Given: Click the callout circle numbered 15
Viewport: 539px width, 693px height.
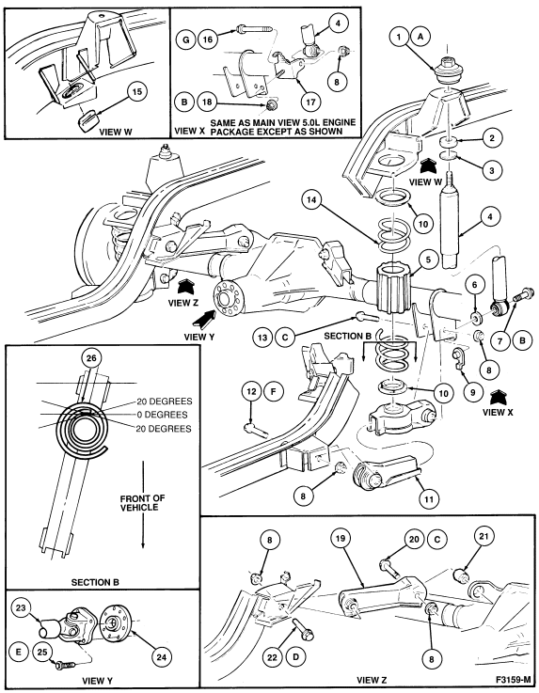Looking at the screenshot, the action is tap(137, 92).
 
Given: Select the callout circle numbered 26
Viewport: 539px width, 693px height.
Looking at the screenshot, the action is tap(91, 358).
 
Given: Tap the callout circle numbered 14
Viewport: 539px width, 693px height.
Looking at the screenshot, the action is tap(311, 200).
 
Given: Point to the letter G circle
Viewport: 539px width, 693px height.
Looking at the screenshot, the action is tap(185, 39).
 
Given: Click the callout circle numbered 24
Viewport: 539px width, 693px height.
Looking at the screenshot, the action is tap(162, 657).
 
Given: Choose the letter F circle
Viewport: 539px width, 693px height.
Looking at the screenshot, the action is tap(273, 391).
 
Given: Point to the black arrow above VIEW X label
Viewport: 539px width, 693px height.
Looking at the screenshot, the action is tap(499, 397).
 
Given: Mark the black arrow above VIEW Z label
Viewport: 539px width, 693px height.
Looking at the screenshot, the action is tap(184, 287).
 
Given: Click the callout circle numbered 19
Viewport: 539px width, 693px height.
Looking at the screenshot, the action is tap(341, 539).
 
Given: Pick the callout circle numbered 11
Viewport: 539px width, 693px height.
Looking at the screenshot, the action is tap(429, 499).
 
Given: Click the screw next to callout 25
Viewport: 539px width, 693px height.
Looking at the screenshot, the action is tap(66, 665).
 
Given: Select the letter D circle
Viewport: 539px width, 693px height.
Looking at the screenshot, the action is tap(295, 656).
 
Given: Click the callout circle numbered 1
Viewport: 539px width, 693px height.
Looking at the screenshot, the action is tap(399, 37).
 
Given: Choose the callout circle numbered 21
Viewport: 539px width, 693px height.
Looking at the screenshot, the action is tap(484, 536).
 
